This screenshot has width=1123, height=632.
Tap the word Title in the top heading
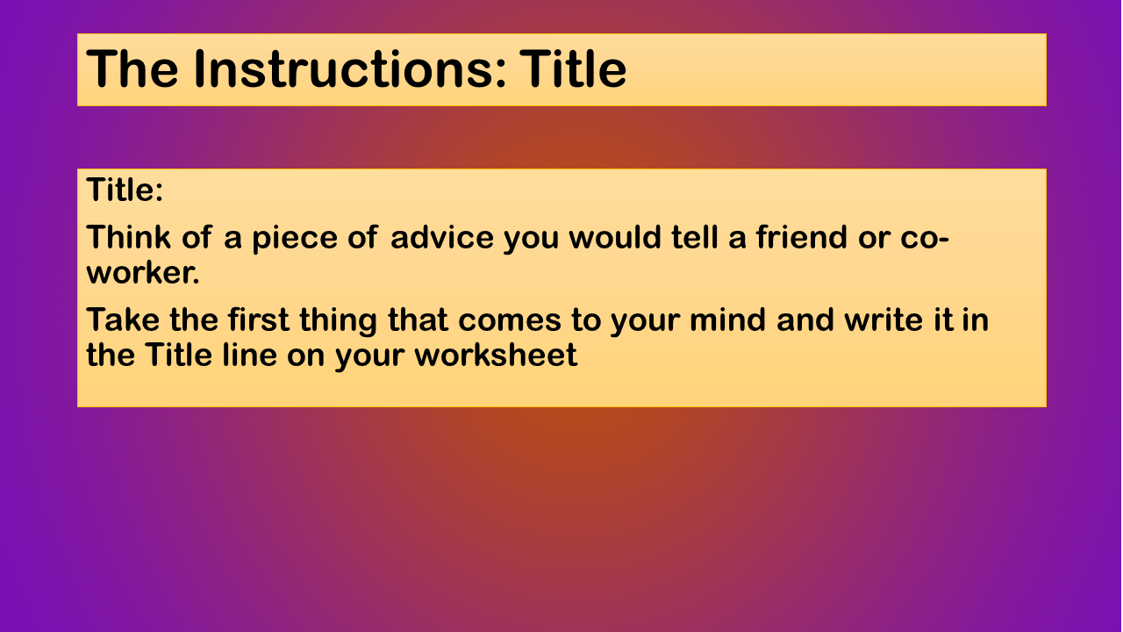tap(573, 69)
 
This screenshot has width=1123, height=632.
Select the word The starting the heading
tap(132, 69)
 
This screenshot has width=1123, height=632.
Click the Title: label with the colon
tap(125, 190)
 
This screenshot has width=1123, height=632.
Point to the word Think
tap(128, 237)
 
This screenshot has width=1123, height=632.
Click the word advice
tap(442, 237)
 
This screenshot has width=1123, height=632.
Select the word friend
tap(802, 237)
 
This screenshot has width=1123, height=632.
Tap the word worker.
tap(143, 273)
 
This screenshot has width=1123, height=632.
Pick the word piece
tap(295, 239)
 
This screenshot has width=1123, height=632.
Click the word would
tap(615, 237)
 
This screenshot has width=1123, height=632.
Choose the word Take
tap(123, 320)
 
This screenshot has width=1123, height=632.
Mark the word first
tap(259, 320)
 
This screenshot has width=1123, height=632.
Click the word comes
tap(510, 321)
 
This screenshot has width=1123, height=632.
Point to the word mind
tap(727, 320)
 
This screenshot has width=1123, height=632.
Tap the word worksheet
tap(496, 355)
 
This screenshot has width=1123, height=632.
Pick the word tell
tap(694, 237)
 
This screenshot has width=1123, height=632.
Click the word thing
tap(338, 321)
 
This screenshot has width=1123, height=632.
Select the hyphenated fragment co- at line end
tap(925, 239)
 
